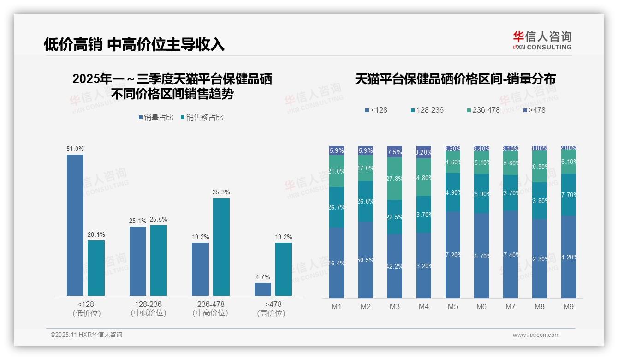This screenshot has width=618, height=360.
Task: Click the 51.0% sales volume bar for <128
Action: [x=75, y=225]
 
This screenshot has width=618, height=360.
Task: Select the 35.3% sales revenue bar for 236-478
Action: [x=221, y=247]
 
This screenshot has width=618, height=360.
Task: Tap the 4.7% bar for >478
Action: [x=263, y=289]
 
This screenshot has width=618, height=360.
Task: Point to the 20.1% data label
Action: [x=96, y=235]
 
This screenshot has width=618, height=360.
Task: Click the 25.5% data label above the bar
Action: [x=159, y=220]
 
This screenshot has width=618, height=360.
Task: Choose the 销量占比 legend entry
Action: [x=156, y=118]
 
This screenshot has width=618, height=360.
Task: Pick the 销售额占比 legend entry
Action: [x=202, y=118]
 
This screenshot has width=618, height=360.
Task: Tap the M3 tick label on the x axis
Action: [x=395, y=306]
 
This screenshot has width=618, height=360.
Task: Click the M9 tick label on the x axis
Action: [x=569, y=306]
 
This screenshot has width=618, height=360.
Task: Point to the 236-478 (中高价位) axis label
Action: [x=210, y=309]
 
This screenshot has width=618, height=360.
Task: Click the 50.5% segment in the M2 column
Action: [x=366, y=259]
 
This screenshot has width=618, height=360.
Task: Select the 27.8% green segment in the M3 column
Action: [x=395, y=179]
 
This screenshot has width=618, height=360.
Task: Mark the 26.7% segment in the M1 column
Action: [x=337, y=207]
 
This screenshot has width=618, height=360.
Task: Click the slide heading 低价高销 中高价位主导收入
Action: [x=134, y=44]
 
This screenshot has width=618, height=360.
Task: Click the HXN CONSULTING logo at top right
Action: [x=542, y=40]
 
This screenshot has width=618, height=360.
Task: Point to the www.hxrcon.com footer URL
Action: [x=536, y=335]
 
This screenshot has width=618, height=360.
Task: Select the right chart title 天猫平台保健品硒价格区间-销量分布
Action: [x=455, y=79]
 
